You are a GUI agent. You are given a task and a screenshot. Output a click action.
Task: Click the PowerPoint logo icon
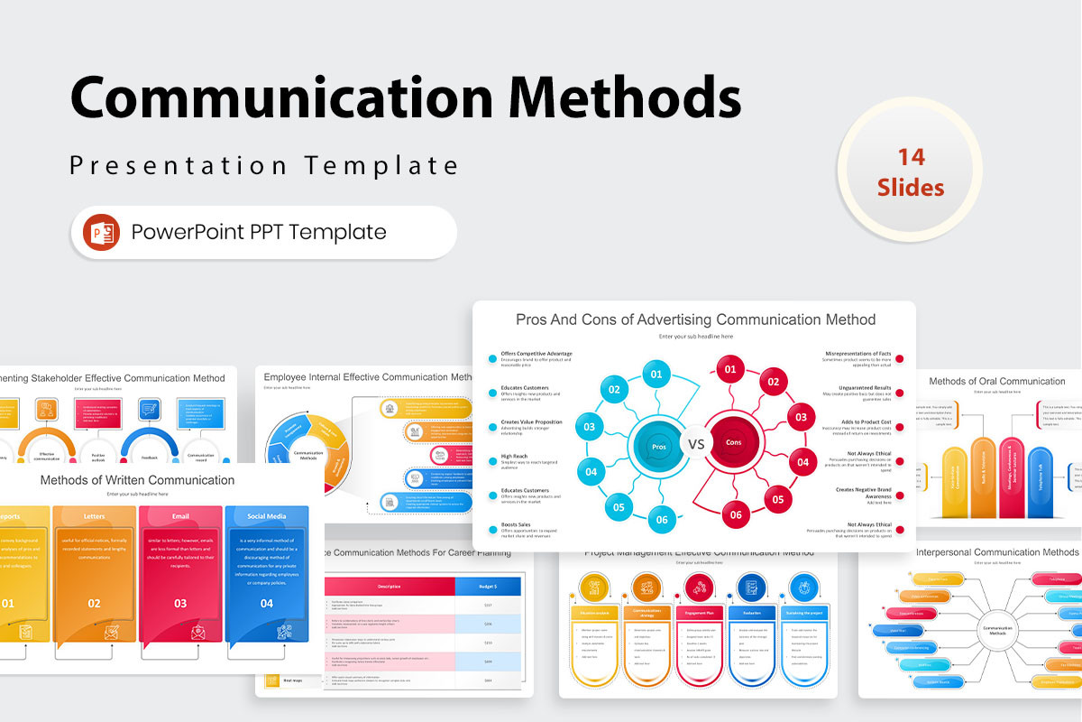[101, 232]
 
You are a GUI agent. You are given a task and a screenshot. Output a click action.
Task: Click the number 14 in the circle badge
[911, 157]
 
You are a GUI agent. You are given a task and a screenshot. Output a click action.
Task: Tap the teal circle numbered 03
[589, 427]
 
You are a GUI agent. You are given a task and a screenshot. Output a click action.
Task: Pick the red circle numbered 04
[802, 463]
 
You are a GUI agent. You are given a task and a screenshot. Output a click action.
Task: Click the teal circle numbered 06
[661, 519]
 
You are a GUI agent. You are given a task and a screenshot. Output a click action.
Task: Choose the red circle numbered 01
[730, 369]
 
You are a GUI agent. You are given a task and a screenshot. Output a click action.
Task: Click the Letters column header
[94, 517]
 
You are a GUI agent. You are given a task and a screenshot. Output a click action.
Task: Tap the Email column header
[180, 517]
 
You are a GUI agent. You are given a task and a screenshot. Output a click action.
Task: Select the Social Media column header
[267, 517]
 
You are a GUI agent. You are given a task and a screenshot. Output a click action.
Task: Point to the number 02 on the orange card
[94, 603]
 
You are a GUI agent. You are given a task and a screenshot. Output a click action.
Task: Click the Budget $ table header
[488, 586]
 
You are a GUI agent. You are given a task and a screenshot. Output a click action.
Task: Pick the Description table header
[390, 586]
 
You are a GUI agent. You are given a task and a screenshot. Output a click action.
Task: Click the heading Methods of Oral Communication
[996, 381]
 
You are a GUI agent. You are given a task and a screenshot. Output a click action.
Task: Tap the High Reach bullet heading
[514, 457]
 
